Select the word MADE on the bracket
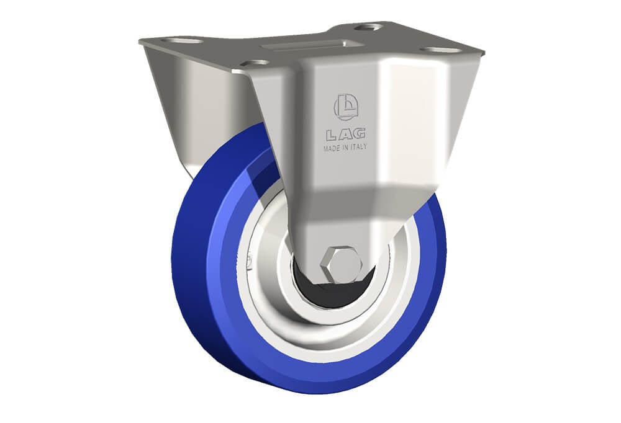pos(331,149)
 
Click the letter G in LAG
pos(359,134)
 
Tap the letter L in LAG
pos(332,136)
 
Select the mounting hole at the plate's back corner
pos(368,27)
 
